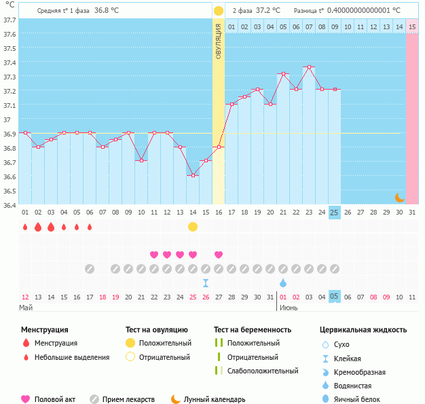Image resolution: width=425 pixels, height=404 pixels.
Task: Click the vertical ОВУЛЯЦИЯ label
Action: (219, 40)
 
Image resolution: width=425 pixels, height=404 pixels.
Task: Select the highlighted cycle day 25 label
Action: (334, 213)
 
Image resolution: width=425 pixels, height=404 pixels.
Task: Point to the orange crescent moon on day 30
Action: (400, 197)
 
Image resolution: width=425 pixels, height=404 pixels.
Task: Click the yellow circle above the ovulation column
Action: (219, 11)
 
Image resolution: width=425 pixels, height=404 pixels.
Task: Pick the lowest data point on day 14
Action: (193, 175)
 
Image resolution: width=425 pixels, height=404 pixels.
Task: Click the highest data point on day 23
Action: (309, 67)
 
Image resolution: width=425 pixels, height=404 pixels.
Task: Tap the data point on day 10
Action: (141, 160)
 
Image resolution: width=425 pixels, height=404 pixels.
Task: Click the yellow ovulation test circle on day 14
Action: (193, 227)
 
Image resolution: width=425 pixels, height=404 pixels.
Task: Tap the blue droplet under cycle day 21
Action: (283, 282)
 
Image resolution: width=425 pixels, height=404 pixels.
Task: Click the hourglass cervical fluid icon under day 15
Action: (206, 282)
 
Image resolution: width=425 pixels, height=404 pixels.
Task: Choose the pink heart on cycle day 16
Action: (219, 255)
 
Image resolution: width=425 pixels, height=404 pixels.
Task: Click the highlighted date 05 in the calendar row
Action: (334, 297)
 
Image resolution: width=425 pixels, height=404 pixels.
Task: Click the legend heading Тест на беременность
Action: (252, 330)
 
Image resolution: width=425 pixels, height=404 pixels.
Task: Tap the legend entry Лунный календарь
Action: (215, 400)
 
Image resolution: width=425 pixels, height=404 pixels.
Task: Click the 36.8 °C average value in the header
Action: (109, 11)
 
